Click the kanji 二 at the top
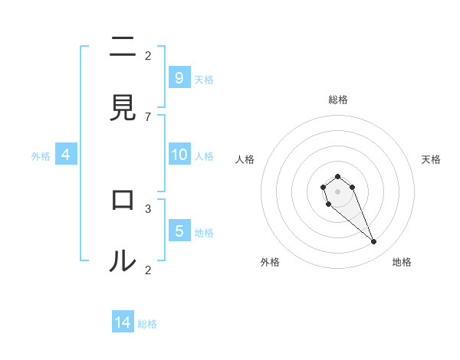coord(123,48)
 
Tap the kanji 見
coord(123,108)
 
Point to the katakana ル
coord(123,261)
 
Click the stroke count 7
coord(148,116)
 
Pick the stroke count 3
coord(148,208)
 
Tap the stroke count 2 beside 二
coord(148,55)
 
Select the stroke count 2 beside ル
coord(148,269)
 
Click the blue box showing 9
coord(179,77)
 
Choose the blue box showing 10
coord(179,155)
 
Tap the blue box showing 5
coord(179,231)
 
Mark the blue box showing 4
coord(66,155)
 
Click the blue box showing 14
coord(123,322)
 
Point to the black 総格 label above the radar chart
coord(338,100)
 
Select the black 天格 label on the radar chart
coord(432,159)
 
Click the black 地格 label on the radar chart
coord(402,262)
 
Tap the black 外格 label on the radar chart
coord(270,262)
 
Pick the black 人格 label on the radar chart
coord(245,159)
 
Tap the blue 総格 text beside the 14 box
coord(147,324)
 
